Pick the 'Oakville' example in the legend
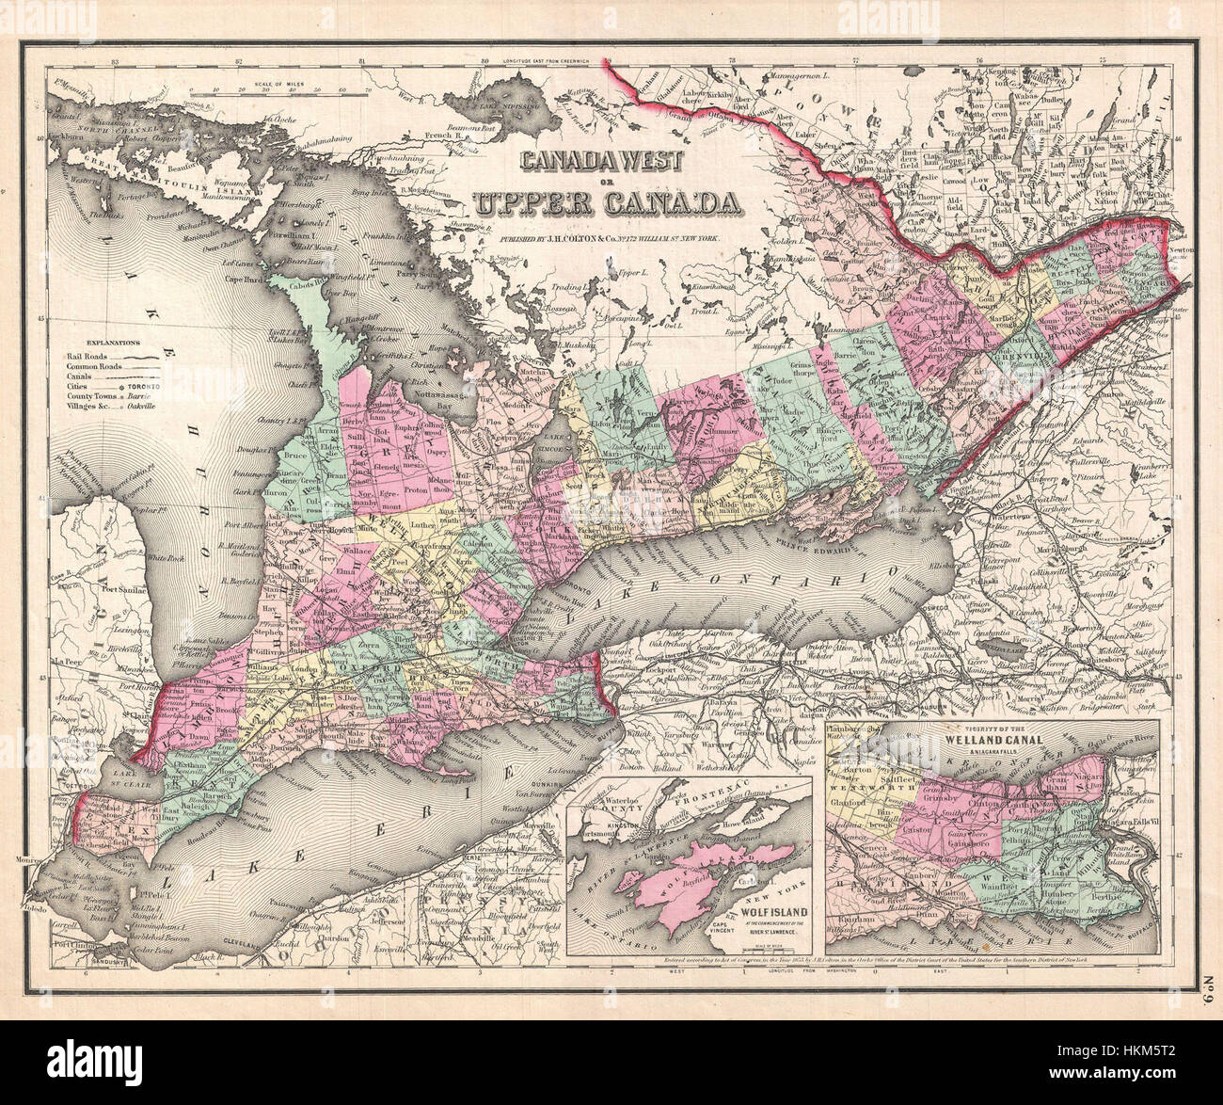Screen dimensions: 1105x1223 (147, 408)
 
